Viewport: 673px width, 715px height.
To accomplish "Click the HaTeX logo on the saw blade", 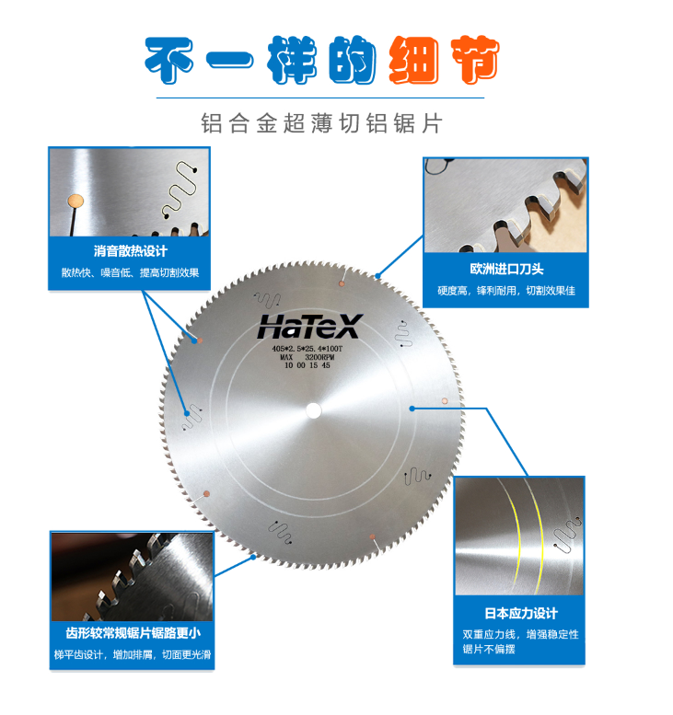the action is pos(310,327).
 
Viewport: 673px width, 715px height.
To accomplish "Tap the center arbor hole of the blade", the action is pos(313,410).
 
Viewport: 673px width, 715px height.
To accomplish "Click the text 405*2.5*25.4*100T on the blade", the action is pos(307,349).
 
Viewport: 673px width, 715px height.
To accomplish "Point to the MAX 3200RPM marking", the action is pos(307,357).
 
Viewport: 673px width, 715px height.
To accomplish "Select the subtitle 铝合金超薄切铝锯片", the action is pos(321,123).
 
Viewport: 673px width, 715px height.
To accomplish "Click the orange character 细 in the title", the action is pos(414,60).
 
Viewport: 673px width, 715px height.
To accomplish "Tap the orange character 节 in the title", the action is pos(475,59).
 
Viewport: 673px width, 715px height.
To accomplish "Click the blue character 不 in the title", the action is pos(169,61).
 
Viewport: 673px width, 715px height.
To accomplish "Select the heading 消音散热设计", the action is pos(131,251).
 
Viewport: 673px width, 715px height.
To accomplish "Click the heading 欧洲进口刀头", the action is pos(506,269).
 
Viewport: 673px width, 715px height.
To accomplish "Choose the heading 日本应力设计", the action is pos(521,613).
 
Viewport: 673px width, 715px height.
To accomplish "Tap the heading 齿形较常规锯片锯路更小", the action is pos(133,633).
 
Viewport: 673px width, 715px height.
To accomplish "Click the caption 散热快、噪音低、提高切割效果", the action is pos(131,272).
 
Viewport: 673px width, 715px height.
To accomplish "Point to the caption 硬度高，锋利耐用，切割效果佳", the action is pos(506,291).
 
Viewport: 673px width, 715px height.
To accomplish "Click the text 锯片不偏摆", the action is pos(489,649).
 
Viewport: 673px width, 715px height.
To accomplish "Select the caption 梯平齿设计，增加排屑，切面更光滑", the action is pos(133,655).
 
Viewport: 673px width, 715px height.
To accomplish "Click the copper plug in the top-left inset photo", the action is pos(75,201).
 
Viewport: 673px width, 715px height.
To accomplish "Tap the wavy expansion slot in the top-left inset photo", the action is pos(180,190).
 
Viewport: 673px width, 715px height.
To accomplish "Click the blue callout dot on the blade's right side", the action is pos(412,409).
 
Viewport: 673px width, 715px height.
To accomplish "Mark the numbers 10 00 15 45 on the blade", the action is pos(307,365).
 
